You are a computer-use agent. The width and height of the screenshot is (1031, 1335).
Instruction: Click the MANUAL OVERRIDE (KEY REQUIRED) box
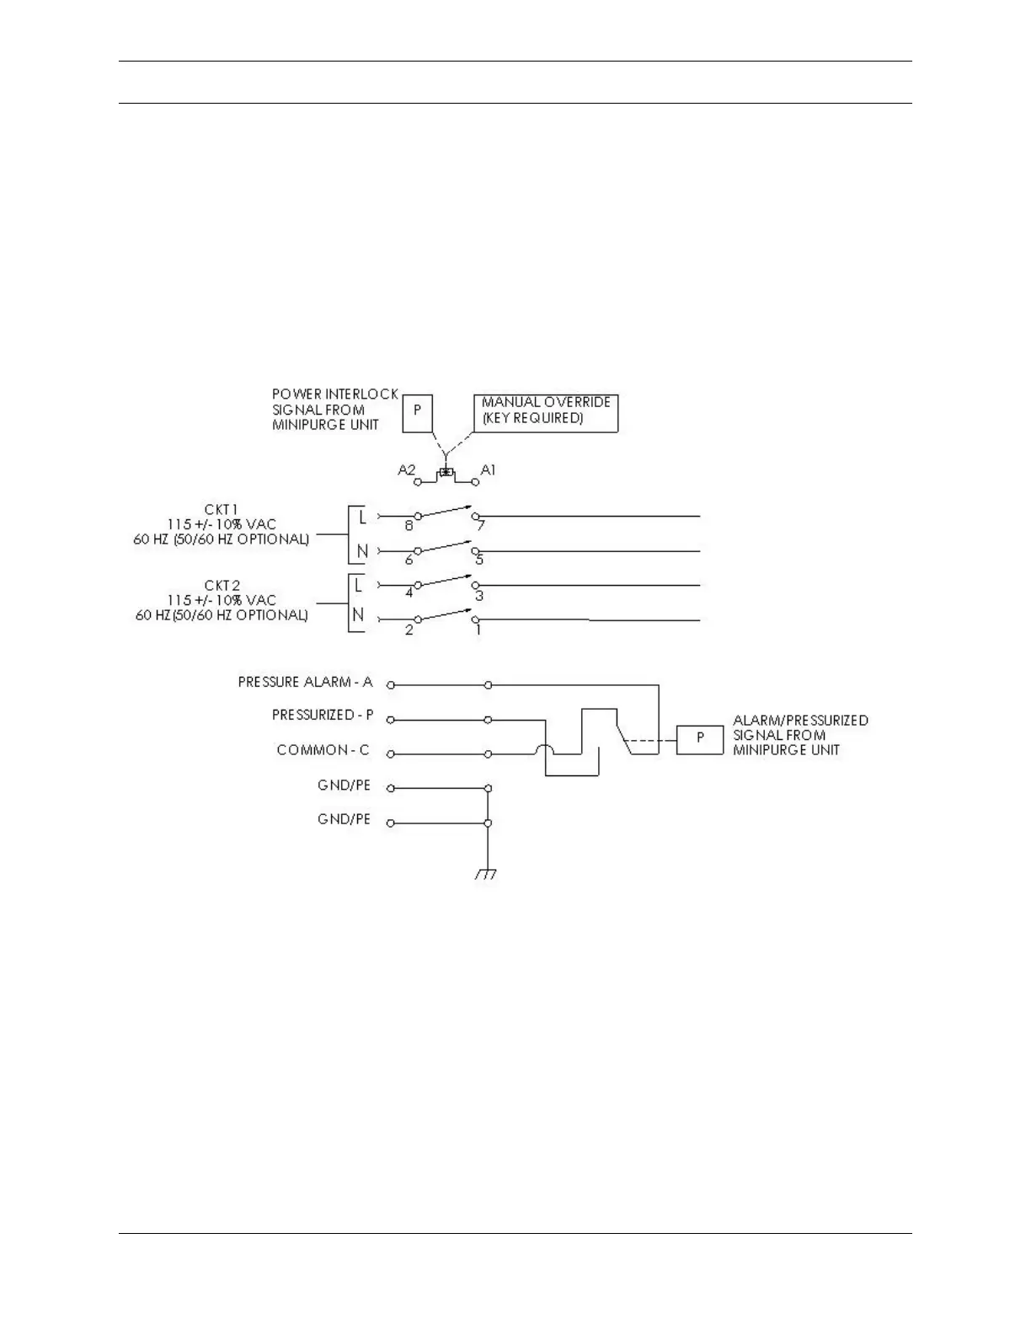pos(546,412)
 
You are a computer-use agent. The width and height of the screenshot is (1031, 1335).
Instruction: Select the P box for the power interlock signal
pos(417,412)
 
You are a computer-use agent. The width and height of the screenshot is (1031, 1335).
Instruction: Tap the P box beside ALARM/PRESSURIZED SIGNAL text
pos(700,738)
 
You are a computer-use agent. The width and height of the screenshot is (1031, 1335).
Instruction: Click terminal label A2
pos(407,470)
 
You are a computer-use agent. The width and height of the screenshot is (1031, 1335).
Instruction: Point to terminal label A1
pos(488,470)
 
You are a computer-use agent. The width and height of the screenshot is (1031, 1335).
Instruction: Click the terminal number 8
pos(409,526)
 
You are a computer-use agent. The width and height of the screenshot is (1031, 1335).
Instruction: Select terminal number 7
pos(481,526)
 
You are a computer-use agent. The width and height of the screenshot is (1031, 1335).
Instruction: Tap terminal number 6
pos(409,560)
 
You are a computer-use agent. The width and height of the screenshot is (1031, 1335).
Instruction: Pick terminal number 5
pos(479,560)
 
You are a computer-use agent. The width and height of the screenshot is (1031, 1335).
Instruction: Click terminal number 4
pos(409,593)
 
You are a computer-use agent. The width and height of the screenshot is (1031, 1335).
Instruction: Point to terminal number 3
pos(479,595)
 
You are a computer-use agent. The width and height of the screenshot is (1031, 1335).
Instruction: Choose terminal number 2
pos(409,630)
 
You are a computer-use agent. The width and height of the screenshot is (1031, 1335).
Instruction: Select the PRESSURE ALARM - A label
pos(305,682)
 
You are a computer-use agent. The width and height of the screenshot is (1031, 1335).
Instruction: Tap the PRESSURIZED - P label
pos(323,716)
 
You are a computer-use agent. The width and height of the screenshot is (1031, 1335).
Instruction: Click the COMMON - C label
pos(323,750)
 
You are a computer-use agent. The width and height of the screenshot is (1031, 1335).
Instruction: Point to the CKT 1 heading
pos(222,510)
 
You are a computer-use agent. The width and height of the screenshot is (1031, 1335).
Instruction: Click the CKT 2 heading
pos(222,585)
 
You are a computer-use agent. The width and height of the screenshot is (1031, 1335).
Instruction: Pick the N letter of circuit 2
pos(359,615)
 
